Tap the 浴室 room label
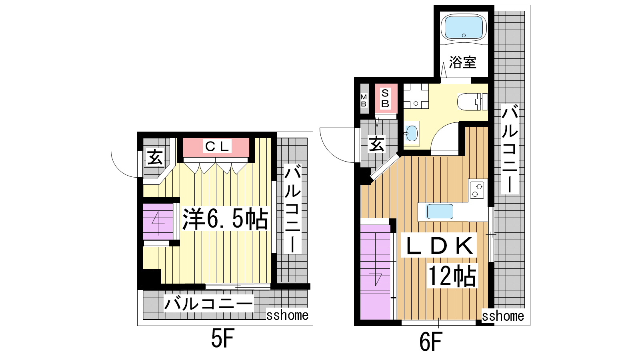click(462, 62)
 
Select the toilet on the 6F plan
click(472, 102)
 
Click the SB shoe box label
click(385, 98)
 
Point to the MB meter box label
click(364, 100)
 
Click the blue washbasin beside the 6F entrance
click(412, 134)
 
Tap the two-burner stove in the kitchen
click(477, 190)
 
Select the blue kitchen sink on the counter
click(440, 212)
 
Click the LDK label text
click(438, 246)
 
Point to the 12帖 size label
click(452, 275)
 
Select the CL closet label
click(217, 147)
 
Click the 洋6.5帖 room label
click(226, 219)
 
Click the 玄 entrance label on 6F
click(377, 144)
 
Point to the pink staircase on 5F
click(158, 221)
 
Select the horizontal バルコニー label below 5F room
click(208, 304)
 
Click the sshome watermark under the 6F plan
click(503, 316)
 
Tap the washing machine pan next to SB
click(416, 96)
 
